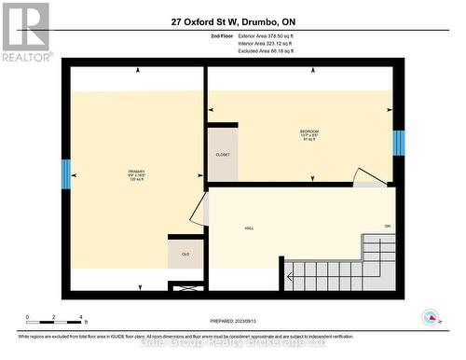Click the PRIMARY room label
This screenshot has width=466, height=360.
pos(136,172)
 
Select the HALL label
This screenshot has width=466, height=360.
pos(250,228)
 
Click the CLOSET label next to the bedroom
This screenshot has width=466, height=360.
pos(223,154)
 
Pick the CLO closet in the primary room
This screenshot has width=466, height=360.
pos(185,252)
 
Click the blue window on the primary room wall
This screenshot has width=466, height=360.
pos(66,173)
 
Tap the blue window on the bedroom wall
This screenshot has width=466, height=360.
pos(398,143)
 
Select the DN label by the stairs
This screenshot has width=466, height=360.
pos(387,227)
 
